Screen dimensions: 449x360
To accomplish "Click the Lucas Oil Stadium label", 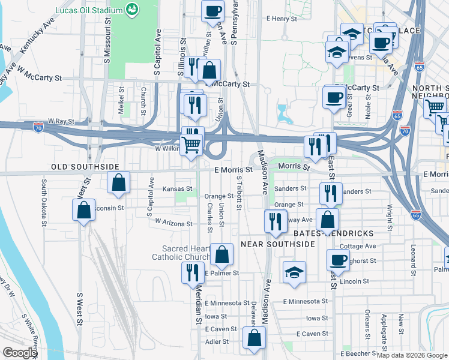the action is click(89, 10).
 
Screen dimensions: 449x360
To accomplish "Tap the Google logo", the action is click(19, 353).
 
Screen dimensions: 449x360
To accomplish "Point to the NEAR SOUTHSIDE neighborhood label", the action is click(277, 244).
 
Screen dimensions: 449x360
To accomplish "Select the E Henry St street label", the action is click(282, 19).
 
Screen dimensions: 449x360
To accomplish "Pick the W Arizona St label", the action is click(173, 223).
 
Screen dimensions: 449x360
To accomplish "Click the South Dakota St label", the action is click(44, 202).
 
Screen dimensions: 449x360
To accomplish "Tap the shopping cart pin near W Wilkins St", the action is click(191, 145).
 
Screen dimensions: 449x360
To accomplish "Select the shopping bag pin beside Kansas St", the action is click(119, 182).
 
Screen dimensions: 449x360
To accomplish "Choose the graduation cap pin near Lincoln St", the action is click(294, 272).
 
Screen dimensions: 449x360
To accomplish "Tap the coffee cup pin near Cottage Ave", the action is click(338, 259).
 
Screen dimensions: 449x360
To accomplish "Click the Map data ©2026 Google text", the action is click(412, 355).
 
